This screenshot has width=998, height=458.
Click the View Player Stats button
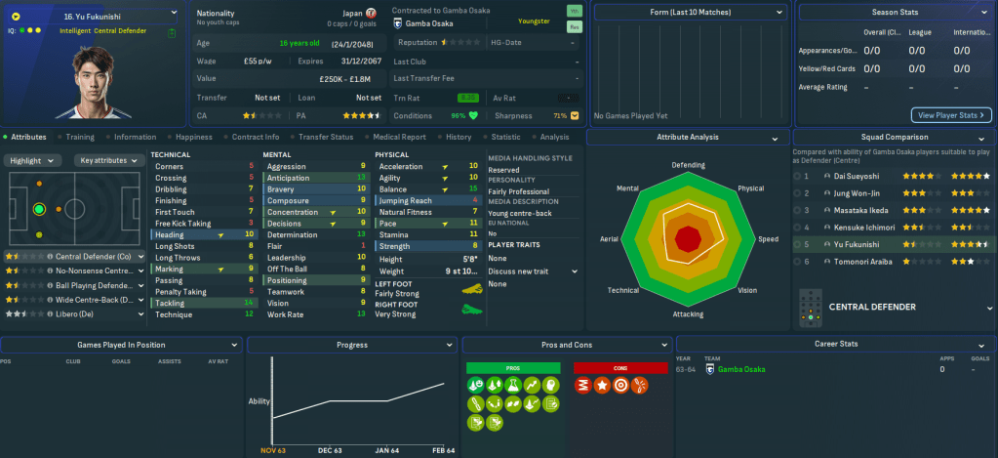pos(951,114)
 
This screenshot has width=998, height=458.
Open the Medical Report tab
pos(399,137)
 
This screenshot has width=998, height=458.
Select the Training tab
pos(80,137)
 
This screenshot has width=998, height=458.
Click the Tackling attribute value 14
pos(250,303)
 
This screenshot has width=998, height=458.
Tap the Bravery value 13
pos(361,189)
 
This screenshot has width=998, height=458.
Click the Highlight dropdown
pos(35,160)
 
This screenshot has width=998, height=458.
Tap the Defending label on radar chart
pos(689,164)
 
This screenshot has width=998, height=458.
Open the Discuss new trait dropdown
pos(533,271)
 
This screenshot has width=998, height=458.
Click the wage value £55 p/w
pos(257,61)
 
